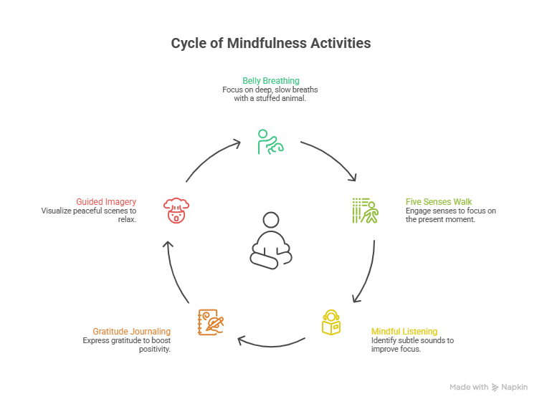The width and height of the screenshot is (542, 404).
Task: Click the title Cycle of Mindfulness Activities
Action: coord(271,43)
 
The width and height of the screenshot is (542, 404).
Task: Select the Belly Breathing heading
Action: coord(270,80)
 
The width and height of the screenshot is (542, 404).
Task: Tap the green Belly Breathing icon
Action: coord(271,141)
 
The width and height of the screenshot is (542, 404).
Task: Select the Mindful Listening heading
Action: coord(404,331)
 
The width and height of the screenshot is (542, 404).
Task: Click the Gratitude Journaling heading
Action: coord(131,331)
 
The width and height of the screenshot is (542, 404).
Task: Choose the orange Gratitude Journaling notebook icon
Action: coord(209,322)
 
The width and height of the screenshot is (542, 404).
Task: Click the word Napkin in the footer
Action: coord(515,387)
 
